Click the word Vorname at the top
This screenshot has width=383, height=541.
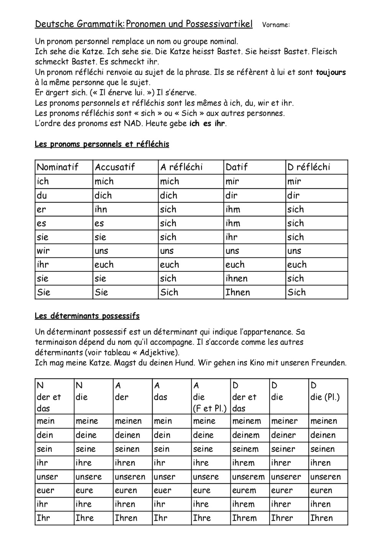[x=276, y=25]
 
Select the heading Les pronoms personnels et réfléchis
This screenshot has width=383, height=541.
[x=101, y=144]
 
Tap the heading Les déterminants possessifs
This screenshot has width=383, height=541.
[x=87, y=316]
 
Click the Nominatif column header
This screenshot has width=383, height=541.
[x=57, y=167]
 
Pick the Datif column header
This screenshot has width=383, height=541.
[x=236, y=167]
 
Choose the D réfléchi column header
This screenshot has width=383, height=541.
[x=308, y=167]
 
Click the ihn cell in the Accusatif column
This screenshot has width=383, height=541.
[x=101, y=209]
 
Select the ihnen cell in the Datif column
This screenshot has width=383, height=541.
[x=236, y=278]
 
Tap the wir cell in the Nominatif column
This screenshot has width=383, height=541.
[x=43, y=251]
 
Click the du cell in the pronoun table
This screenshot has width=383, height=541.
[x=42, y=195]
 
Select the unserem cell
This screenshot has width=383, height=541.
[x=248, y=477]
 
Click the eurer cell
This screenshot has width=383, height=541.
[x=282, y=491]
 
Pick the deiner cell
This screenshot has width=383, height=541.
[x=283, y=435]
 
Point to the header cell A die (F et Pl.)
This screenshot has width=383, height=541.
[x=210, y=397]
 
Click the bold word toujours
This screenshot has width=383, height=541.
[x=331, y=72]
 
